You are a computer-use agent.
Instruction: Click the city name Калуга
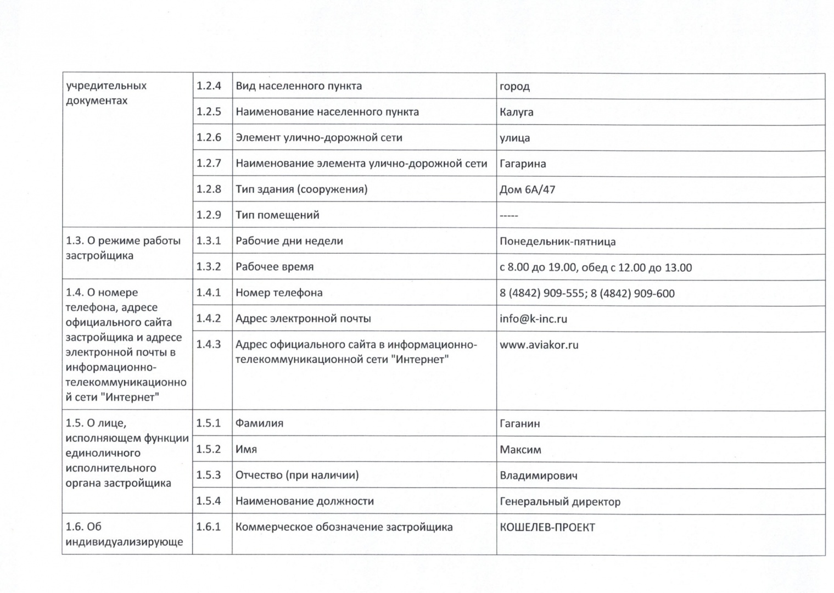click(516, 112)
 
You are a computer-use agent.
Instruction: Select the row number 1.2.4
click(209, 86)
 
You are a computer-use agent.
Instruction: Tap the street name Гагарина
click(523, 164)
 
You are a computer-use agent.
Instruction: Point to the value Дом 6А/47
click(527, 189)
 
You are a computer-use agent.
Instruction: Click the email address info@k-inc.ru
click(533, 318)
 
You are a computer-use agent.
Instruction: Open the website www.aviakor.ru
click(539, 345)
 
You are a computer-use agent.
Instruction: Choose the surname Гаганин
click(519, 423)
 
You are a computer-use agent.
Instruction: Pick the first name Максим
click(520, 449)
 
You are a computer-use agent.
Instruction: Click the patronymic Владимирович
click(538, 475)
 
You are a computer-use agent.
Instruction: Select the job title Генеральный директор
click(559, 501)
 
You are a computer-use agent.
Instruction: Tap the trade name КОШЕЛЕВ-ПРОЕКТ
click(547, 527)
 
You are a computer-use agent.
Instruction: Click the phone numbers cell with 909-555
click(586, 293)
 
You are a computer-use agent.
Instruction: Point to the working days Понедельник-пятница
click(557, 241)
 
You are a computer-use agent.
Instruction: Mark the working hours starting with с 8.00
click(595, 267)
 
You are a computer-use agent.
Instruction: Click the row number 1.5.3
click(209, 475)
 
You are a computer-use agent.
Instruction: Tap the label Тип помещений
click(277, 215)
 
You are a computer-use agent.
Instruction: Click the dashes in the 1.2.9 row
click(508, 216)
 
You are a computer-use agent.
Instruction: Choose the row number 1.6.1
click(209, 527)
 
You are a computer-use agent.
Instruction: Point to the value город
click(514, 86)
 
